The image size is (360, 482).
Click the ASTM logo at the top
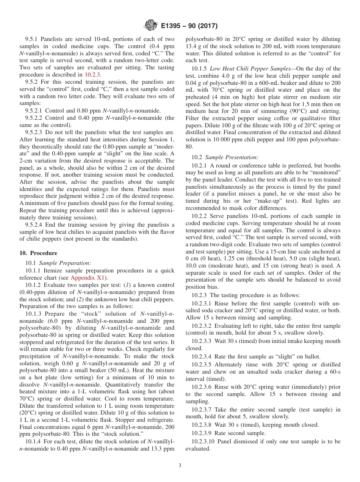tap(150, 26)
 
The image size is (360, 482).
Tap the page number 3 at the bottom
tap(180, 465)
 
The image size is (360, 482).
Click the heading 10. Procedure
tap(38, 253)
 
